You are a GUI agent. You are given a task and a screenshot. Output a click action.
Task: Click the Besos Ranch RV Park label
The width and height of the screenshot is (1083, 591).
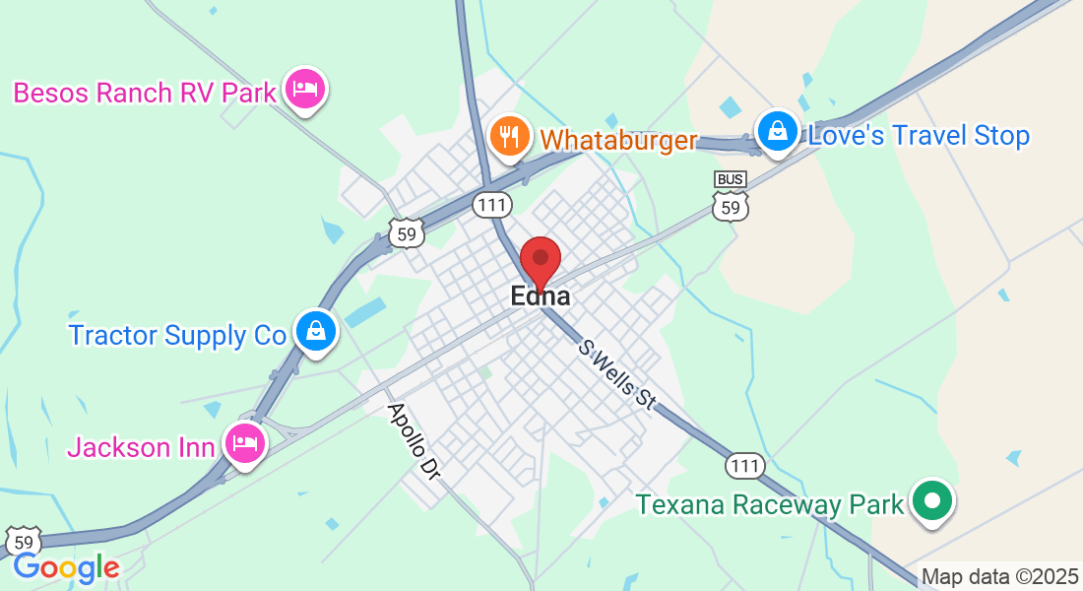tap(145, 94)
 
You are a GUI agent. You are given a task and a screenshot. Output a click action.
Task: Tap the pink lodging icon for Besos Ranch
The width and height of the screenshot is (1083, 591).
tap(305, 90)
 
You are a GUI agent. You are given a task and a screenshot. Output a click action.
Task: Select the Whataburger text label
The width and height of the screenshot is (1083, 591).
tap(619, 140)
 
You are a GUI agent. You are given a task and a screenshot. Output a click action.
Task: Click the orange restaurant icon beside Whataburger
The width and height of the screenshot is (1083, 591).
tap(509, 137)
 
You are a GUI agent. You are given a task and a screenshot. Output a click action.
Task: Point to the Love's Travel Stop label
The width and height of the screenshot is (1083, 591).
tap(918, 136)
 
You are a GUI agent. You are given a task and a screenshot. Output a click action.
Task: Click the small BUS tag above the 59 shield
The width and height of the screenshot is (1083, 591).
tap(730, 179)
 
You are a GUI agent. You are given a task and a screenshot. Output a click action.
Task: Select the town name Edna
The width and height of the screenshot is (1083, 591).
tap(540, 295)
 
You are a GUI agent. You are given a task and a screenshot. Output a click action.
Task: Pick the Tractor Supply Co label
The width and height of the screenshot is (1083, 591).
tap(176, 335)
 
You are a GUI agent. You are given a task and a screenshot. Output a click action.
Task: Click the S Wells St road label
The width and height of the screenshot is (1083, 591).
tap(617, 374)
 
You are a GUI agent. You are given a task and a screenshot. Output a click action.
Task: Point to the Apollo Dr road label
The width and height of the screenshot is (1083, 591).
tap(413, 440)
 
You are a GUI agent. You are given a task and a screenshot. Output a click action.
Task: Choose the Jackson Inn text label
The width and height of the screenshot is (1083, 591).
tap(141, 447)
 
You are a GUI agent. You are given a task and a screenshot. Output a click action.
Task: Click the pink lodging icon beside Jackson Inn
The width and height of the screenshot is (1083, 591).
tap(244, 443)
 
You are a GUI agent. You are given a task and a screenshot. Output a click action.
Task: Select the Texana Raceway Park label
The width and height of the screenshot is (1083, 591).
tap(769, 505)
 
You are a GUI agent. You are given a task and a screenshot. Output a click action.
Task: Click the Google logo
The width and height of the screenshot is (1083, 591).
tap(66, 567)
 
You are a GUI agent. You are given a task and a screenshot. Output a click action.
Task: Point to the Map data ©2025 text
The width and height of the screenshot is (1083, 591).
tap(999, 577)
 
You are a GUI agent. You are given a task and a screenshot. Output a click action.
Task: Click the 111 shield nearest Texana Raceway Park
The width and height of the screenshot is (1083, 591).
tap(745, 465)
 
